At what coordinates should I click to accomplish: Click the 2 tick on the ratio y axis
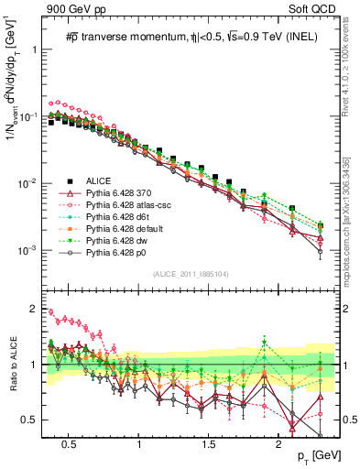(x=35, y=308)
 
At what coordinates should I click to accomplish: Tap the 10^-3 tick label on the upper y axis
(x=27, y=250)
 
